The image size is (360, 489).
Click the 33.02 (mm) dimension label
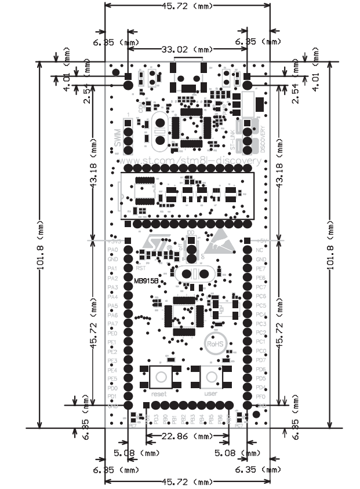click(x=188, y=50)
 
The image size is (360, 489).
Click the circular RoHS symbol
click(x=214, y=344)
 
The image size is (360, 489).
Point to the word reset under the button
click(x=158, y=393)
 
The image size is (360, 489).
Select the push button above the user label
click(x=210, y=377)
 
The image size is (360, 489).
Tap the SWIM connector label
click(x=118, y=137)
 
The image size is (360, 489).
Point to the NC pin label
click(x=260, y=250)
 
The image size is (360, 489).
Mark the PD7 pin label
click(x=261, y=360)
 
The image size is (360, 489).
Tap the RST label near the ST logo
click(x=140, y=268)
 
